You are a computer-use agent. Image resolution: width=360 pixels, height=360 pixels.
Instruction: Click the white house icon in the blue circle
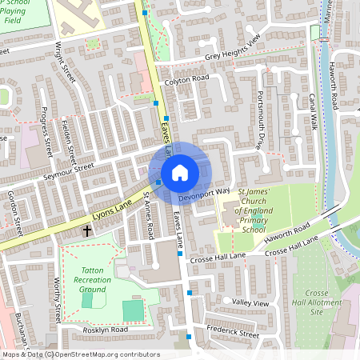[x=180, y=172]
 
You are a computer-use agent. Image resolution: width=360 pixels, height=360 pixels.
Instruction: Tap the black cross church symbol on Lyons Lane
[x=86, y=231]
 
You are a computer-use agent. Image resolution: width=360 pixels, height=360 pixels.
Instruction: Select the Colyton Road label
[x=186, y=79]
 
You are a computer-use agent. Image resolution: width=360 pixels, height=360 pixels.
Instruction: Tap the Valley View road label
[x=250, y=304]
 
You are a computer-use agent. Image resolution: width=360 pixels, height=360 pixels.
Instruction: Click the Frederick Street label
[x=232, y=332]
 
